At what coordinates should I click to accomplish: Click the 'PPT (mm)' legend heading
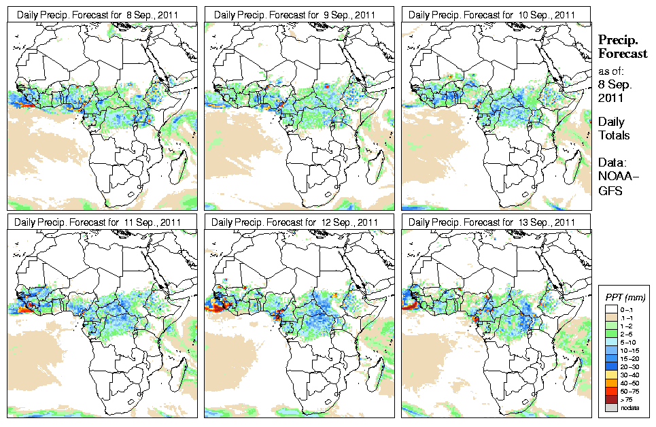tap(625, 297)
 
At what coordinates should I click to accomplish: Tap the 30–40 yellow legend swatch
tap(611, 375)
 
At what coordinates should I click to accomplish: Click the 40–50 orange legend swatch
tap(611, 383)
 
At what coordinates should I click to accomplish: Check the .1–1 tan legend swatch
tap(611, 317)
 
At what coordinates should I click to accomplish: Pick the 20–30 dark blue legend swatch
tap(611, 366)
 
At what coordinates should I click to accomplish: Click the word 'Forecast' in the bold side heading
tap(622, 54)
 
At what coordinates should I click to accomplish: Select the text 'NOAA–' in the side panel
tap(615, 177)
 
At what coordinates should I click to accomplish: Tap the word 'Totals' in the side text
tap(614, 135)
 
